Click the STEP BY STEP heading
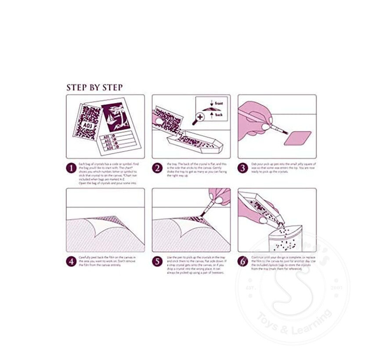(x=94, y=87)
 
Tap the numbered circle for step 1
(x=71, y=168)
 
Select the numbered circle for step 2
(x=157, y=168)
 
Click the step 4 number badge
(x=71, y=262)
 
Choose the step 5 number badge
(x=157, y=262)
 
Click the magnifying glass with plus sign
(x=201, y=117)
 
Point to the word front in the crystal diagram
(x=220, y=103)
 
